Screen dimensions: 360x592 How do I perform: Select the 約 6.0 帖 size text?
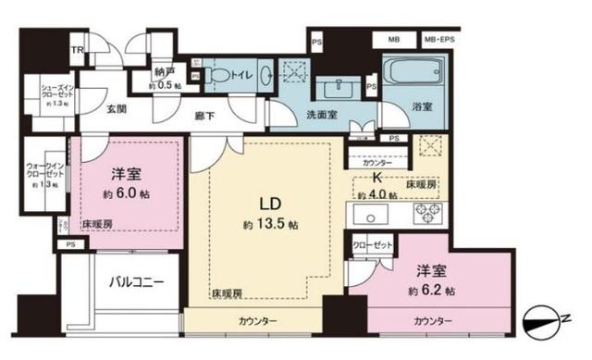[127, 196]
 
